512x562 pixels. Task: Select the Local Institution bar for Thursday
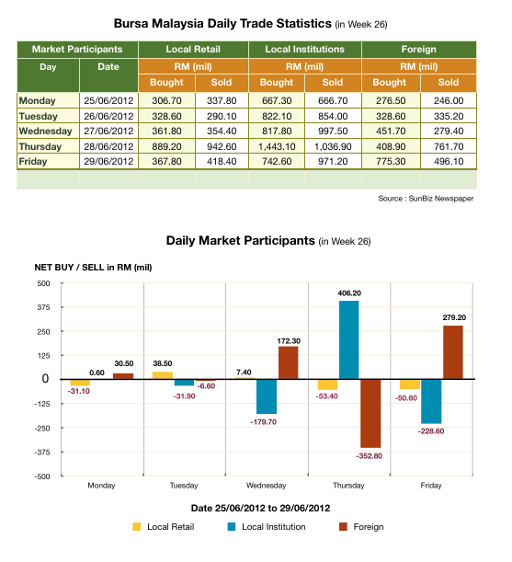(348, 339)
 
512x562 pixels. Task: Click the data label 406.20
(348, 293)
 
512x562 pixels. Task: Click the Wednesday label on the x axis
(266, 485)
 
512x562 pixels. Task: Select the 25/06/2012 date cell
(108, 100)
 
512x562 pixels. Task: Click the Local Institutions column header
(304, 49)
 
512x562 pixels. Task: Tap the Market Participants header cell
(77, 49)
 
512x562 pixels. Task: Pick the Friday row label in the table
(37, 162)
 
